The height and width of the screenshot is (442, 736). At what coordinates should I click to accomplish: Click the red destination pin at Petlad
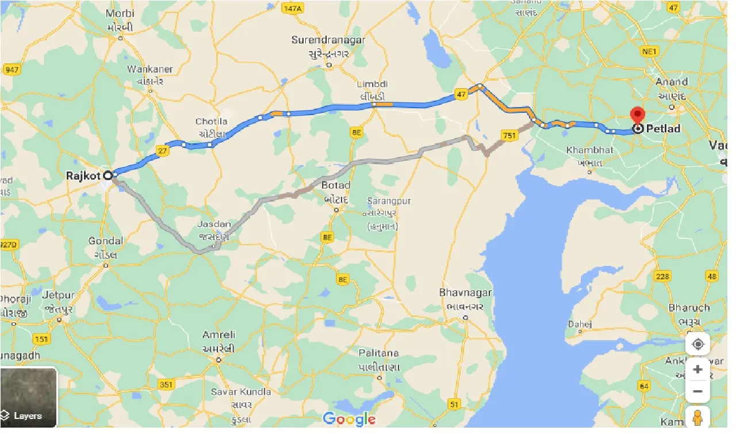click(x=637, y=115)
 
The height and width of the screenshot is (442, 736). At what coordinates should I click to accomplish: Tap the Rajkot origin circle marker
click(x=108, y=175)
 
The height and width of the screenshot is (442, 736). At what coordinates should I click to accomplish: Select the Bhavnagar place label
click(x=465, y=292)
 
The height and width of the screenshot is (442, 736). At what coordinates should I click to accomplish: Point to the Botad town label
click(x=336, y=185)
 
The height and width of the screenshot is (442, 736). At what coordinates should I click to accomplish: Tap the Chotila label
click(x=212, y=121)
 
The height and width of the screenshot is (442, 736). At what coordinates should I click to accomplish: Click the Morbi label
click(x=120, y=13)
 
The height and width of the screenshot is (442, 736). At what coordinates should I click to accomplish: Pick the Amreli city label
click(x=219, y=335)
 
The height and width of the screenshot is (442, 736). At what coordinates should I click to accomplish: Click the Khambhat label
click(x=589, y=150)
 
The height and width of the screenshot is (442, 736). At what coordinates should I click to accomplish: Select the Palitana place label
click(x=379, y=352)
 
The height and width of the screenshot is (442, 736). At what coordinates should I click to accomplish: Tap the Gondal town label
click(x=106, y=241)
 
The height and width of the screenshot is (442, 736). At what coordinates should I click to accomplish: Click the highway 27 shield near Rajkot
click(x=162, y=151)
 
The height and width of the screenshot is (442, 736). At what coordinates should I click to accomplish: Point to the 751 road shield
click(x=509, y=135)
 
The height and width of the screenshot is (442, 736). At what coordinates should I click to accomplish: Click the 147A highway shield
click(x=292, y=9)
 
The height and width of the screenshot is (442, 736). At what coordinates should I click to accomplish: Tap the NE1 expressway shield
click(x=649, y=52)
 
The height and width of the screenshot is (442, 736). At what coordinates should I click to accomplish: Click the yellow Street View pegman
click(x=698, y=418)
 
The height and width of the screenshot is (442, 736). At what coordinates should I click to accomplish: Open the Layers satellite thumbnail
click(x=29, y=397)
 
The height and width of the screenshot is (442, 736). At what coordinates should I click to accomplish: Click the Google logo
click(x=349, y=419)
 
